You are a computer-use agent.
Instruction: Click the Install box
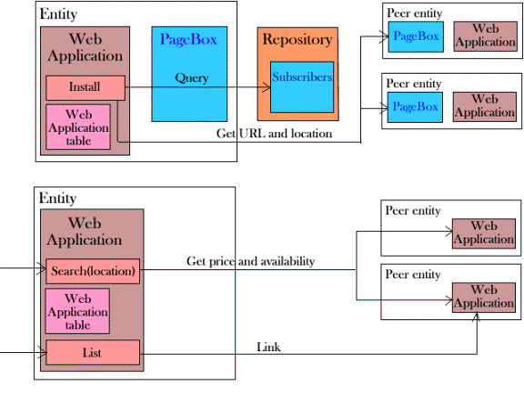click(86, 88)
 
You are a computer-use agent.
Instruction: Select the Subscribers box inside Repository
click(302, 87)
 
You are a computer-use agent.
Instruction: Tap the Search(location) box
click(93, 271)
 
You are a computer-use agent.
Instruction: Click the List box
click(93, 353)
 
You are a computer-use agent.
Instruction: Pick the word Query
click(192, 78)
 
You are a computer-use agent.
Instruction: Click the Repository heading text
click(297, 39)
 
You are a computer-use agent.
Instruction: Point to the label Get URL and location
click(274, 134)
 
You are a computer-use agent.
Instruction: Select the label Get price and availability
click(251, 261)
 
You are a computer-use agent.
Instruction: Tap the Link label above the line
click(268, 347)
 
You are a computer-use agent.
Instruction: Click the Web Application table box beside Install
click(78, 127)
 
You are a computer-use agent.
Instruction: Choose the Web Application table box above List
click(77, 311)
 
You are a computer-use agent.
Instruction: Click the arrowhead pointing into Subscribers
click(267, 87)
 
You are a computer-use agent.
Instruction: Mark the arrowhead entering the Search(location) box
click(42, 268)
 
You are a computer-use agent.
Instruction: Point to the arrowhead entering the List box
click(42, 353)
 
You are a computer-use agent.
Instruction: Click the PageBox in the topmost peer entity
click(416, 36)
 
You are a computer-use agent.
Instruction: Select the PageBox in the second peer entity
click(415, 107)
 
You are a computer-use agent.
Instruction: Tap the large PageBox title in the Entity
click(189, 39)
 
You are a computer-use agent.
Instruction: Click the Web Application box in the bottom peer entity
click(484, 297)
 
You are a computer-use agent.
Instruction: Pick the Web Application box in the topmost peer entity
click(486, 36)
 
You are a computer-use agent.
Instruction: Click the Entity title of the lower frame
click(57, 198)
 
